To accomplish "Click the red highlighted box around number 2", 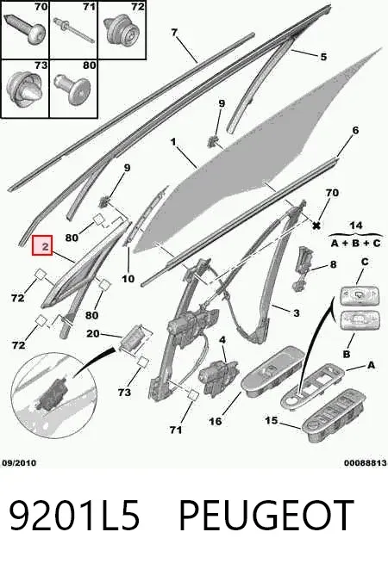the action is point(42,245).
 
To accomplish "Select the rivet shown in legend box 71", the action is point(72,29).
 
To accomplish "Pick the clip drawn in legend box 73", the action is point(26,89).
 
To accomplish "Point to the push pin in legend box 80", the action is point(72,89).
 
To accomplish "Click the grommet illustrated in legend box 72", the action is point(122,30).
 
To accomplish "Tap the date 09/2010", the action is point(19,463).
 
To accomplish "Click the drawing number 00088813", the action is point(366,463).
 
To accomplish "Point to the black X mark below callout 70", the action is point(316,226).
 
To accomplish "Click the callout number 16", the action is point(215,421).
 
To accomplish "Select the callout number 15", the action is point(272,420).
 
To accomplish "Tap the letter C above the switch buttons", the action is point(365,262).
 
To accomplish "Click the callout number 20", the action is point(93,333).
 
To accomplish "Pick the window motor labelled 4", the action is point(218,377).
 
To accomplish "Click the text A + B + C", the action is point(355,244).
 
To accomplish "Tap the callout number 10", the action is point(128,279).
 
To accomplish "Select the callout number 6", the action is point(355,130).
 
